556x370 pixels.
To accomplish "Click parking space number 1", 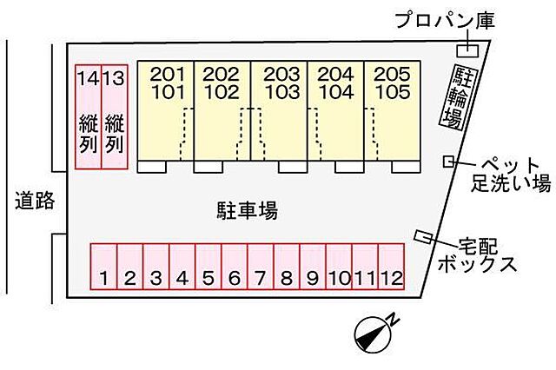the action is point(104,268).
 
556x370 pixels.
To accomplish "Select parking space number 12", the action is point(392,268).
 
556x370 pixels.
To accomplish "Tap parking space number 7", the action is point(261,268).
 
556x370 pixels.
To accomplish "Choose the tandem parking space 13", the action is point(114,117).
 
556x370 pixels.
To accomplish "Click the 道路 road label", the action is point(35,202).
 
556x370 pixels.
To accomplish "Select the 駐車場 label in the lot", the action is point(247,209).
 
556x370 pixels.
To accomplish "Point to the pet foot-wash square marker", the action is point(448,161).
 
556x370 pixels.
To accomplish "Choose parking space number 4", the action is point(182,268).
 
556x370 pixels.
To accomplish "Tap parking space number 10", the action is point(339,268).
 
